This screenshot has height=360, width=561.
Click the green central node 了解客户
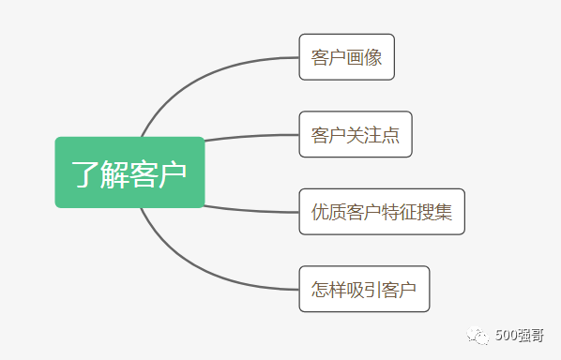(129, 172)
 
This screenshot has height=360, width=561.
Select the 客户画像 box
(346, 57)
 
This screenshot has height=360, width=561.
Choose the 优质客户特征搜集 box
(381, 212)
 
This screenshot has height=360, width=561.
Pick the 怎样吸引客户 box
(363, 289)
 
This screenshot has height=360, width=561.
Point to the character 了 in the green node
(86, 173)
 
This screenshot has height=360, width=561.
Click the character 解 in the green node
(115, 173)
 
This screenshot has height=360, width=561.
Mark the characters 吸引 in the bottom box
(363, 289)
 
